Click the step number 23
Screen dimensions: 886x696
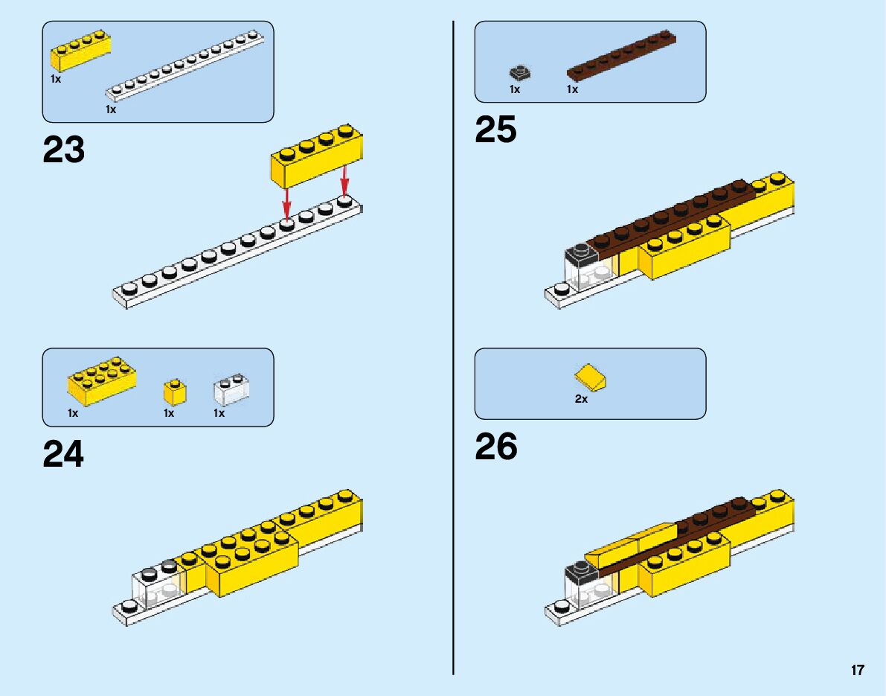tap(64, 150)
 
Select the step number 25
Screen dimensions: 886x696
tap(496, 130)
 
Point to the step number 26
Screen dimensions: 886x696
tap(496, 447)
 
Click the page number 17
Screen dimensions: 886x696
tap(858, 670)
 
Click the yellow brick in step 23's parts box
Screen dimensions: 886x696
tap(81, 51)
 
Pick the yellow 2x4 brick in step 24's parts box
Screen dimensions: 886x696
tap(101, 385)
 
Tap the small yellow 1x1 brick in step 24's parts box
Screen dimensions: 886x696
tap(175, 392)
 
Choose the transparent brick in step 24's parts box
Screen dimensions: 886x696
tap(231, 389)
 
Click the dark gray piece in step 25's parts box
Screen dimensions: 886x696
tap(520, 73)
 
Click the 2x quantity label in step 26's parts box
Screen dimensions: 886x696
tap(581, 399)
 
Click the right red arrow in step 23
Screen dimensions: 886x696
tap(344, 182)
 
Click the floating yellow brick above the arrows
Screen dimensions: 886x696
tap(318, 156)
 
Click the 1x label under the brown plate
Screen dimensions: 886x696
tap(572, 89)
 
